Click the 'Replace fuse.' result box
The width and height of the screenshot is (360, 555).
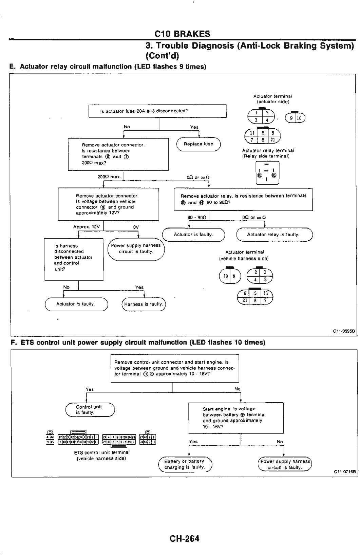pyautogui.click(x=199, y=144)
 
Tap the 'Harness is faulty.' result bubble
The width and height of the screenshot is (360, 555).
pyautogui.click(x=144, y=304)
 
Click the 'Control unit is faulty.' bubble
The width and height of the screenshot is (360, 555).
pyautogui.click(x=90, y=410)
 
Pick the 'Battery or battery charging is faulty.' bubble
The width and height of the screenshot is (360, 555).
pyautogui.click(x=185, y=464)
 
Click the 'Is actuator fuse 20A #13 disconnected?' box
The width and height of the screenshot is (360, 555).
pyautogui.click(x=157, y=111)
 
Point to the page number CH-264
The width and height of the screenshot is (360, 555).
pyautogui.click(x=185, y=538)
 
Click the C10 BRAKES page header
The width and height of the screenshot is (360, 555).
pyautogui.click(x=182, y=34)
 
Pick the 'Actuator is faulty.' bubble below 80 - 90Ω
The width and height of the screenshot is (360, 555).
pyautogui.click(x=193, y=235)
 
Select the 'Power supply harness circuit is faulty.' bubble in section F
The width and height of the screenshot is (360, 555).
pyautogui.click(x=285, y=464)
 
